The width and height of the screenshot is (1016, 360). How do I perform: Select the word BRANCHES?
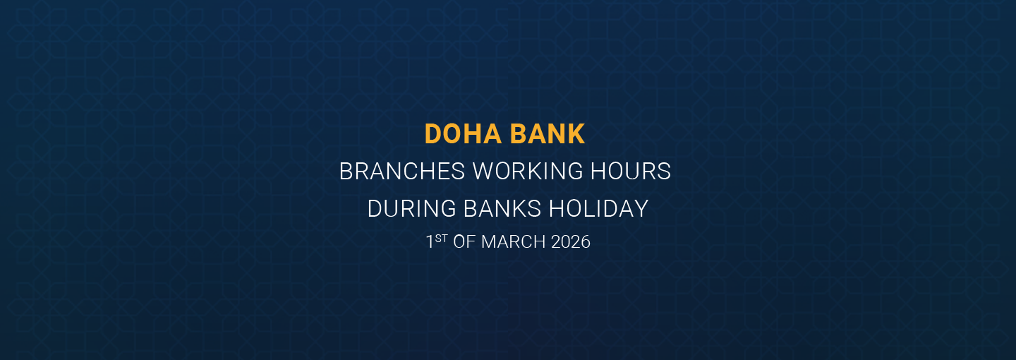click(x=401, y=172)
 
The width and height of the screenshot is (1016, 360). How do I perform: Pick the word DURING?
click(x=412, y=209)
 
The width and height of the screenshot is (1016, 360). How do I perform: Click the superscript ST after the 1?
click(x=441, y=239)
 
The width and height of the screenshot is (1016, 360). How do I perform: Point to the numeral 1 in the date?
click(x=430, y=242)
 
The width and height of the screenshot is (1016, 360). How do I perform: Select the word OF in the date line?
click(x=464, y=242)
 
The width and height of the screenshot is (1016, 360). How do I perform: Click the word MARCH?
click(x=514, y=242)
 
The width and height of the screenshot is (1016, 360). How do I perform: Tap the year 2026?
click(x=570, y=242)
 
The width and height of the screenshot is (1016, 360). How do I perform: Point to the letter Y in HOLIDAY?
click(x=641, y=209)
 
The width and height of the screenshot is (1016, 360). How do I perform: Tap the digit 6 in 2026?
click(x=585, y=242)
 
